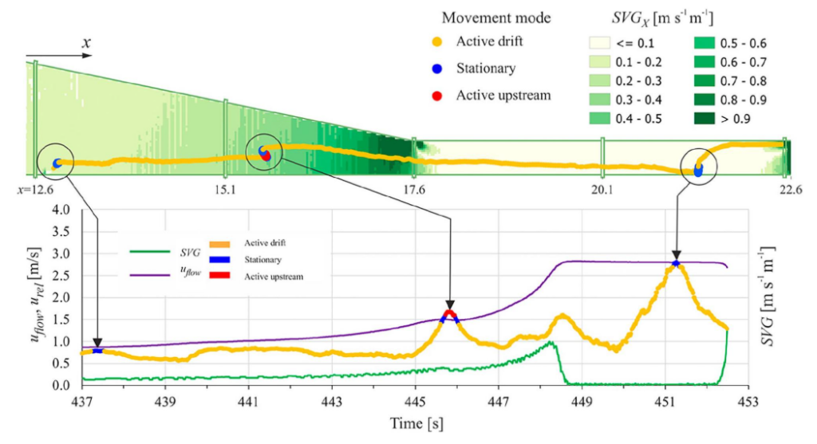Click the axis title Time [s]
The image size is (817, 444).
point(414,422)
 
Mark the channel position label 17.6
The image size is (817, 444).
point(414,191)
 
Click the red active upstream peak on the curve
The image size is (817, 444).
point(450,313)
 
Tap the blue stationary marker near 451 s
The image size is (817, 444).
point(676,263)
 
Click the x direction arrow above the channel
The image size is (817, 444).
point(64,57)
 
